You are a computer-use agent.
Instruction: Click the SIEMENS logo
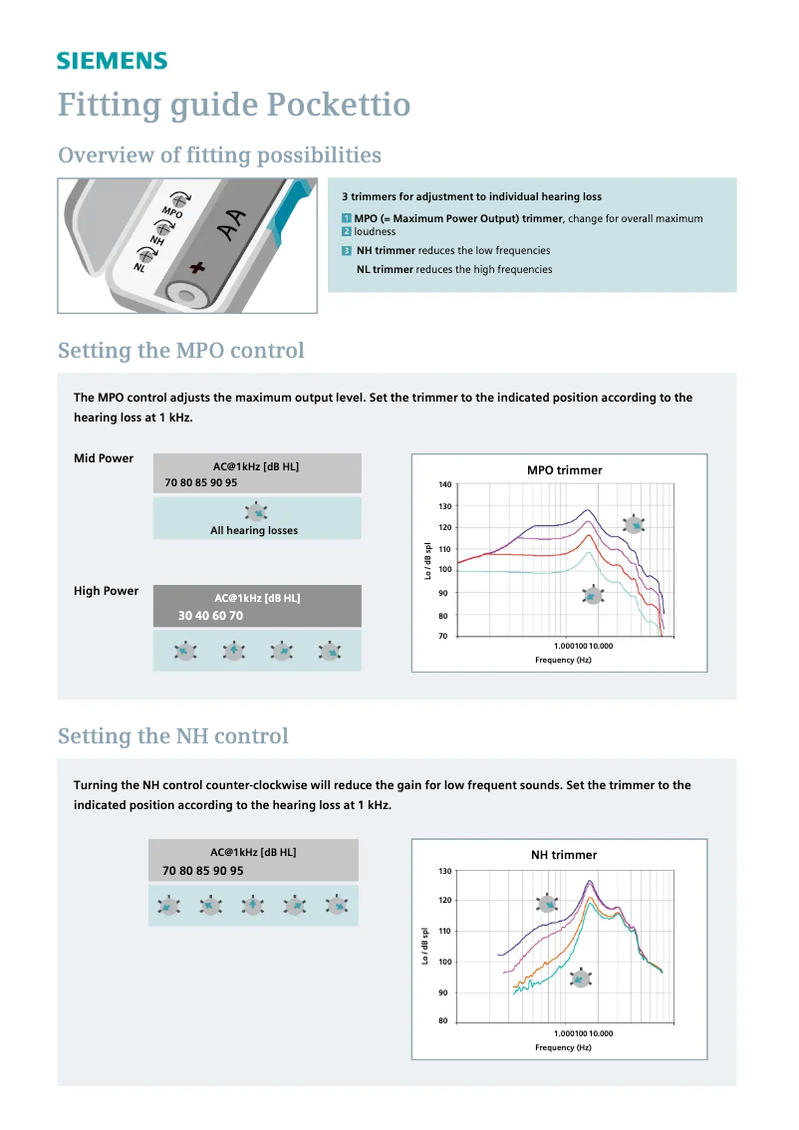pyautogui.click(x=112, y=61)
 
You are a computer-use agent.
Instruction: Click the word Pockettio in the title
pyautogui.click(x=340, y=105)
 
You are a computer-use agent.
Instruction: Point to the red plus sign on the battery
pyautogui.click(x=197, y=267)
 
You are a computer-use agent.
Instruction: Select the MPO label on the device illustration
pyautogui.click(x=171, y=212)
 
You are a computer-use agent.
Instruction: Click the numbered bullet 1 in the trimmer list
pyautogui.click(x=346, y=218)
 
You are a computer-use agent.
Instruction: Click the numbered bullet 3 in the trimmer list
pyautogui.click(x=346, y=250)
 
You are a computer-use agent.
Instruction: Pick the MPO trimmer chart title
pyautogui.click(x=564, y=470)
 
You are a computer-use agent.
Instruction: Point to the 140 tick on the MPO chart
pyautogui.click(x=444, y=484)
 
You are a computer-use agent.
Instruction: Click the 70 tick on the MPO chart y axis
pyautogui.click(x=446, y=636)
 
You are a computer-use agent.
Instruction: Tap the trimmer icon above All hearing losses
pyautogui.click(x=256, y=512)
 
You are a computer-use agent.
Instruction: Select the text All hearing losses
pyautogui.click(x=254, y=531)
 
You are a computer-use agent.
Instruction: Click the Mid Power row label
pyautogui.click(x=104, y=459)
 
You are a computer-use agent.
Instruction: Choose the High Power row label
pyautogui.click(x=106, y=591)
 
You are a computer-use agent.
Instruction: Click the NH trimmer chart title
pyautogui.click(x=564, y=855)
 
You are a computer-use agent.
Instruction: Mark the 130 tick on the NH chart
pyautogui.click(x=444, y=871)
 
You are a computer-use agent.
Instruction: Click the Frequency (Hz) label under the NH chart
pyautogui.click(x=563, y=1047)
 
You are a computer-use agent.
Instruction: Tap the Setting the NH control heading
pyautogui.click(x=172, y=736)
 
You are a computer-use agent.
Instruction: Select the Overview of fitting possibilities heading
pyautogui.click(x=219, y=155)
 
